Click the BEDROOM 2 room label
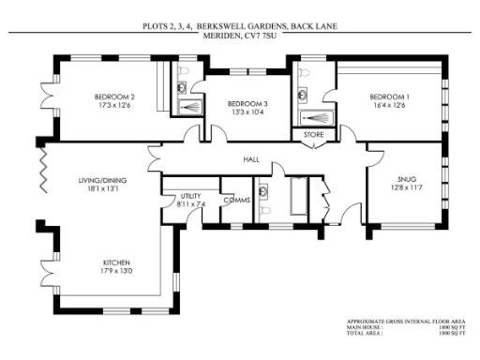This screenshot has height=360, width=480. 115,96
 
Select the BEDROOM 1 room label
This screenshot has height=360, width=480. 388,97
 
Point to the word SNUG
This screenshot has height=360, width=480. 406,178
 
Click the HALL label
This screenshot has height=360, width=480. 251,160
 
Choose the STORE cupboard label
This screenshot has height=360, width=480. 312,135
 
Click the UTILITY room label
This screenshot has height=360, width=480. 190,194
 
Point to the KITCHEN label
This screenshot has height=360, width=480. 116,262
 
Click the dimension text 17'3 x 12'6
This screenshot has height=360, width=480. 115,105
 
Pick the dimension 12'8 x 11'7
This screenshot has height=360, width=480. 406,187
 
